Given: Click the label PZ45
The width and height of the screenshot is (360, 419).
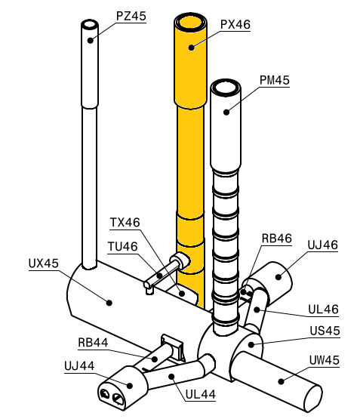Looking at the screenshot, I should (131, 16).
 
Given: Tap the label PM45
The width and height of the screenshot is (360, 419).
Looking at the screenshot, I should (274, 80).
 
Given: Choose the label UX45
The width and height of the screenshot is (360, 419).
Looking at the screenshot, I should (44, 263).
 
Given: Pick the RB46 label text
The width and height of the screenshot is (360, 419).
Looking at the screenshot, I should (276, 239).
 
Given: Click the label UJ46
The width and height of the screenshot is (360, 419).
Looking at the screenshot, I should (322, 245).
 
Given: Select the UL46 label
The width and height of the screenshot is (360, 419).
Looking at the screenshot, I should (323, 309).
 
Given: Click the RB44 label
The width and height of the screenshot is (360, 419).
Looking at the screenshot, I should (94, 342).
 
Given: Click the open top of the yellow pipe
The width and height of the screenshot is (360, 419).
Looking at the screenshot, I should (189, 23).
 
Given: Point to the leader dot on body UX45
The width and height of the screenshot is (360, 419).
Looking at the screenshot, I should (110, 303).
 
